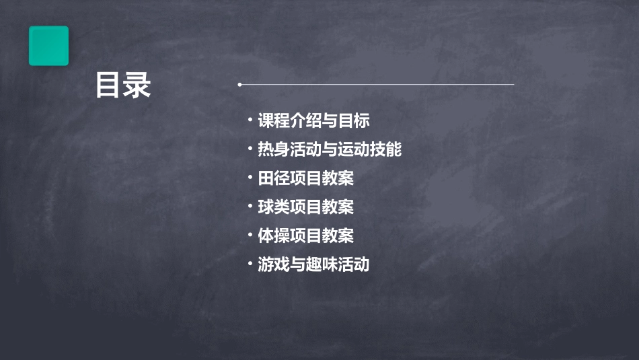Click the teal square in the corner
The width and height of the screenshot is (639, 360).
tap(48, 46)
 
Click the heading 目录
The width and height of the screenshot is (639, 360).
tap(123, 85)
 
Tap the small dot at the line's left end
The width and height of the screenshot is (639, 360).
tap(239, 85)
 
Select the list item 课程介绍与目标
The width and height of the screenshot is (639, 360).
tap(313, 121)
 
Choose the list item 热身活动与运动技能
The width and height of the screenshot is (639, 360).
tap(330, 149)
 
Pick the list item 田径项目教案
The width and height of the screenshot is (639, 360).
tap(305, 178)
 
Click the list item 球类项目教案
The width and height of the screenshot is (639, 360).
tap(305, 207)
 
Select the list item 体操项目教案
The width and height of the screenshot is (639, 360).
tap(305, 236)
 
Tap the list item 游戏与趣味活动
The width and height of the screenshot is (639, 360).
tap(313, 264)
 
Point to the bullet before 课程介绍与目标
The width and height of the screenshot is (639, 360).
tap(250, 120)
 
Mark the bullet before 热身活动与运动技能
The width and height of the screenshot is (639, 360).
tap(250, 149)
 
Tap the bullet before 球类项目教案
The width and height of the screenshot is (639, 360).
tap(250, 207)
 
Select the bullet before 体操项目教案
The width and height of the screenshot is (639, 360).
tap(250, 235)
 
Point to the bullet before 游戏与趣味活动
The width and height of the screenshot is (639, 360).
tap(250, 264)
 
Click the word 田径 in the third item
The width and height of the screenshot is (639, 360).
tap(274, 178)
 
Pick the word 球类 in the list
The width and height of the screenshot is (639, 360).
tap(274, 207)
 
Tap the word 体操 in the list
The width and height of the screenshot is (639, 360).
tap(274, 236)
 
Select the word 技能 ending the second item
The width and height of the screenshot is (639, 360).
tap(385, 149)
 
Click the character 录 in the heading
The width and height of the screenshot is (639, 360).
tap(137, 85)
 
